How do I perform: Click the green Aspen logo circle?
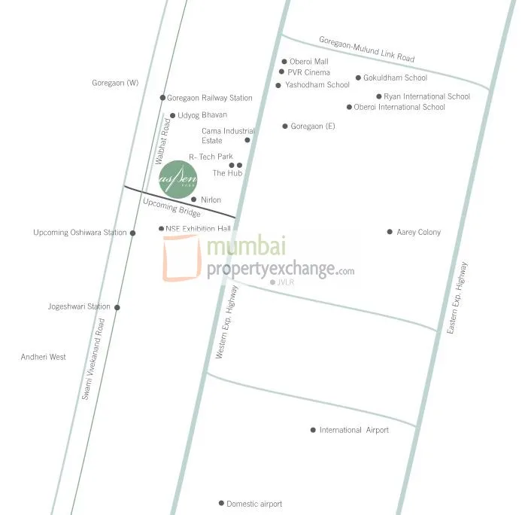click(x=178, y=178)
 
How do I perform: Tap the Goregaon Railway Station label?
click(x=209, y=98)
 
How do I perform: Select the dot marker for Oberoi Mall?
click(x=284, y=62)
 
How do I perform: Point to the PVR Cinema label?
click(x=308, y=72)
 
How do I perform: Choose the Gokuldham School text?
click(x=395, y=78)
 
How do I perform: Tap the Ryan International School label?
click(x=426, y=96)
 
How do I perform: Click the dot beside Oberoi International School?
click(x=349, y=107)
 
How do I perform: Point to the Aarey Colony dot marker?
click(x=390, y=232)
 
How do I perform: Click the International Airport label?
click(x=354, y=430)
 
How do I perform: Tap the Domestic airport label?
click(x=254, y=504)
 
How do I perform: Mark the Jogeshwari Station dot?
click(x=117, y=307)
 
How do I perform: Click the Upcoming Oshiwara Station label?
click(x=80, y=233)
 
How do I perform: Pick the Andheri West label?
click(x=44, y=357)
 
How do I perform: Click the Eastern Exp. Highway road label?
click(x=459, y=297)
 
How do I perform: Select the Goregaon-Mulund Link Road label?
click(x=366, y=50)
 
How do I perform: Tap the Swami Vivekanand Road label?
click(x=93, y=358)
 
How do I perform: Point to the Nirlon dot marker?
click(x=193, y=200)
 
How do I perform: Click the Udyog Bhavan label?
click(x=202, y=115)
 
